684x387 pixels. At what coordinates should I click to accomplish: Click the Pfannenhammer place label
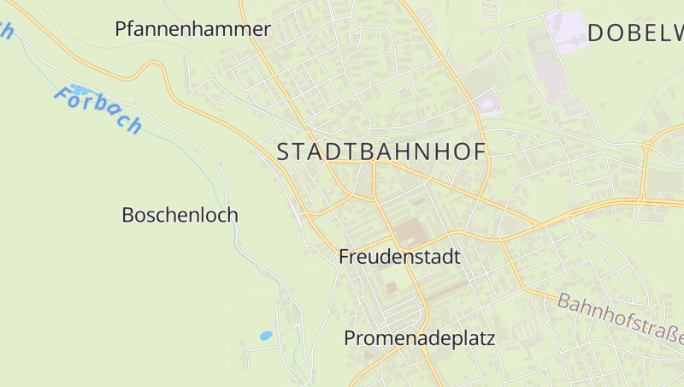point(192,29)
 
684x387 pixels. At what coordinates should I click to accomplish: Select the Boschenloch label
point(180,215)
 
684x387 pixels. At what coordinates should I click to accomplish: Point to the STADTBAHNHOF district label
point(381,152)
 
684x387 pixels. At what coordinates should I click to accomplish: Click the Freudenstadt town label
point(399,257)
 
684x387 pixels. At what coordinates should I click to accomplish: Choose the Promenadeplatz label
point(419,338)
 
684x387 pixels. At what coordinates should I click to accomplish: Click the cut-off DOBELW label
point(634,33)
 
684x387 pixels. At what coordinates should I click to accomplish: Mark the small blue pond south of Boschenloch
point(266,336)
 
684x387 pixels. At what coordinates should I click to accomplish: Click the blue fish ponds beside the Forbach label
point(81,89)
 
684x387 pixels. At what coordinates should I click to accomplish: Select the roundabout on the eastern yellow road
point(647,146)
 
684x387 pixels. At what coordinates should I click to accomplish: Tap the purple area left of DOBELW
point(567,29)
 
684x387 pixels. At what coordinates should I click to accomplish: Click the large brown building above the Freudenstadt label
point(409,232)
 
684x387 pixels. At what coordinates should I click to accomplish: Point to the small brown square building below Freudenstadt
point(392,288)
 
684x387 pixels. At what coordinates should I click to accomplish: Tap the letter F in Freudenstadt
point(345,257)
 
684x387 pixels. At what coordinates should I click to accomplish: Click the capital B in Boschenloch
point(128,215)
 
